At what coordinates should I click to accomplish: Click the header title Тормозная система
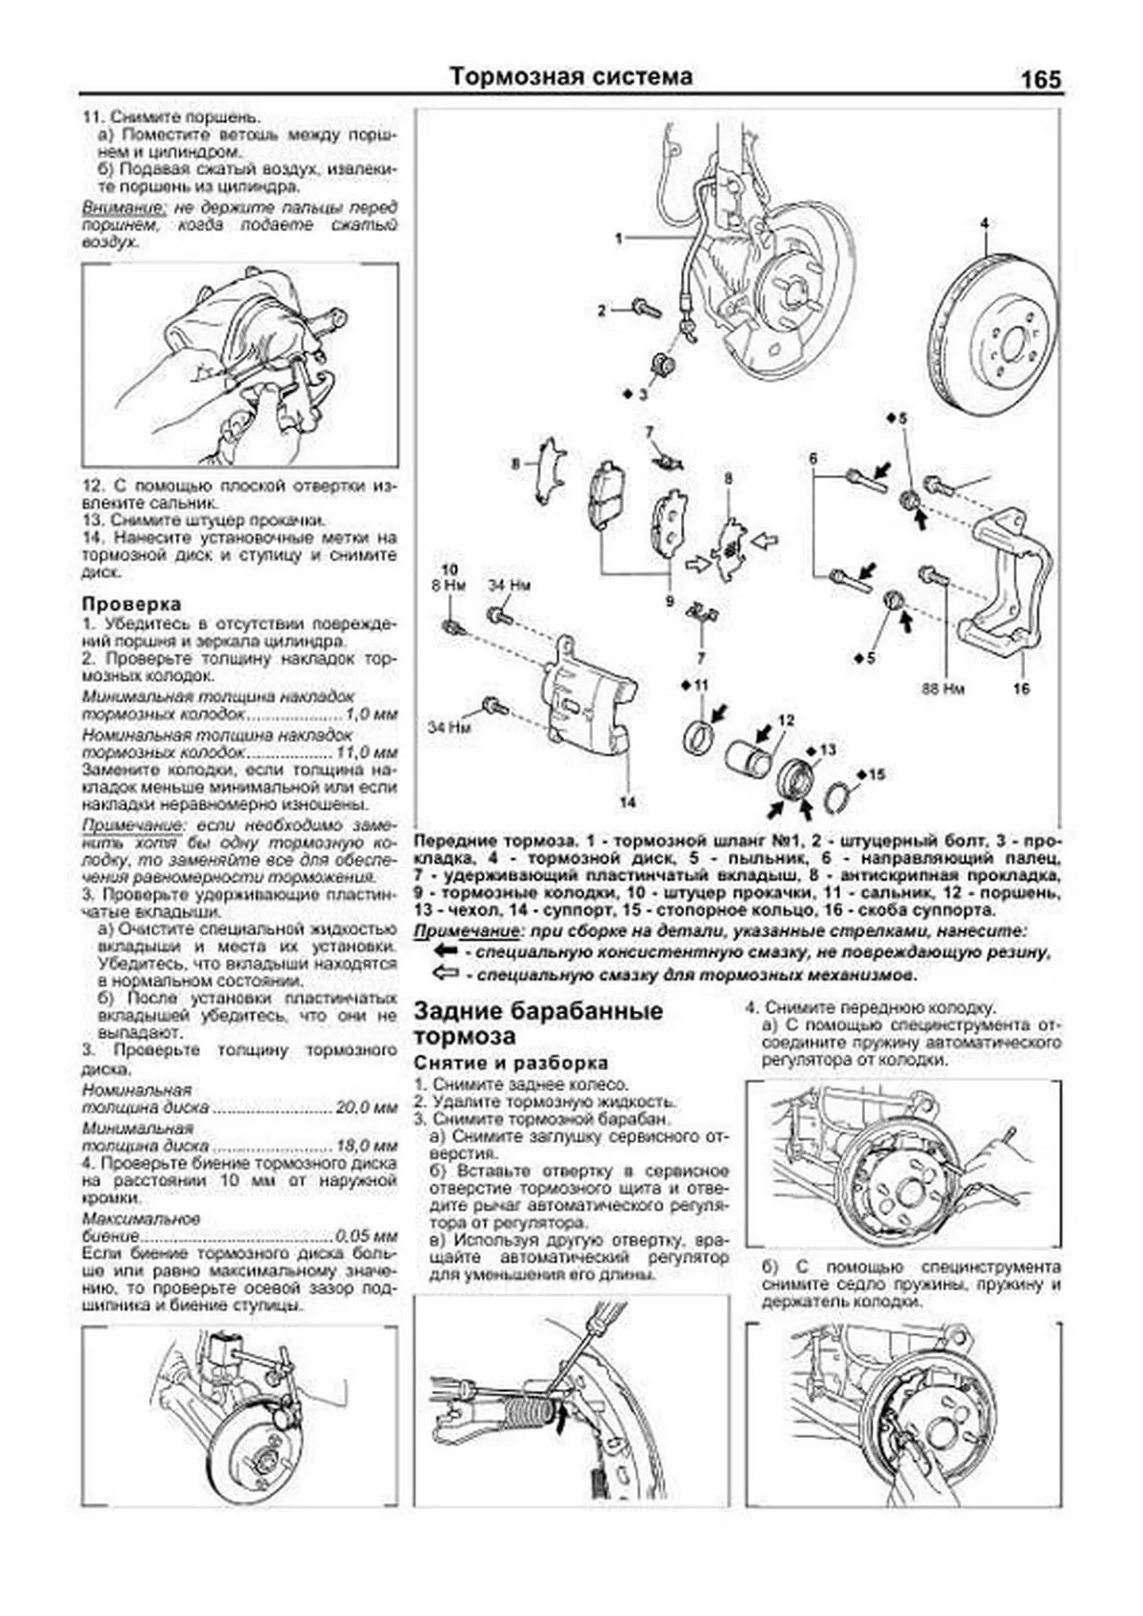click(571, 76)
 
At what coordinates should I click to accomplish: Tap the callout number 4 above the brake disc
click(984, 224)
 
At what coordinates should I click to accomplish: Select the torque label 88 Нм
click(942, 687)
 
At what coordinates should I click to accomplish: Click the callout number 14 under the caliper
click(627, 803)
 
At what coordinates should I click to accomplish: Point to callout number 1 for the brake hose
click(619, 238)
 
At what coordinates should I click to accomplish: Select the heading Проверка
click(131, 604)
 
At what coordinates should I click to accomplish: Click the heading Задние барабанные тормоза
click(538, 1023)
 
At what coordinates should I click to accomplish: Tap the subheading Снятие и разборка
click(511, 1063)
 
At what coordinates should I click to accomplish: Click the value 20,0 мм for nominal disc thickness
click(366, 1108)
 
